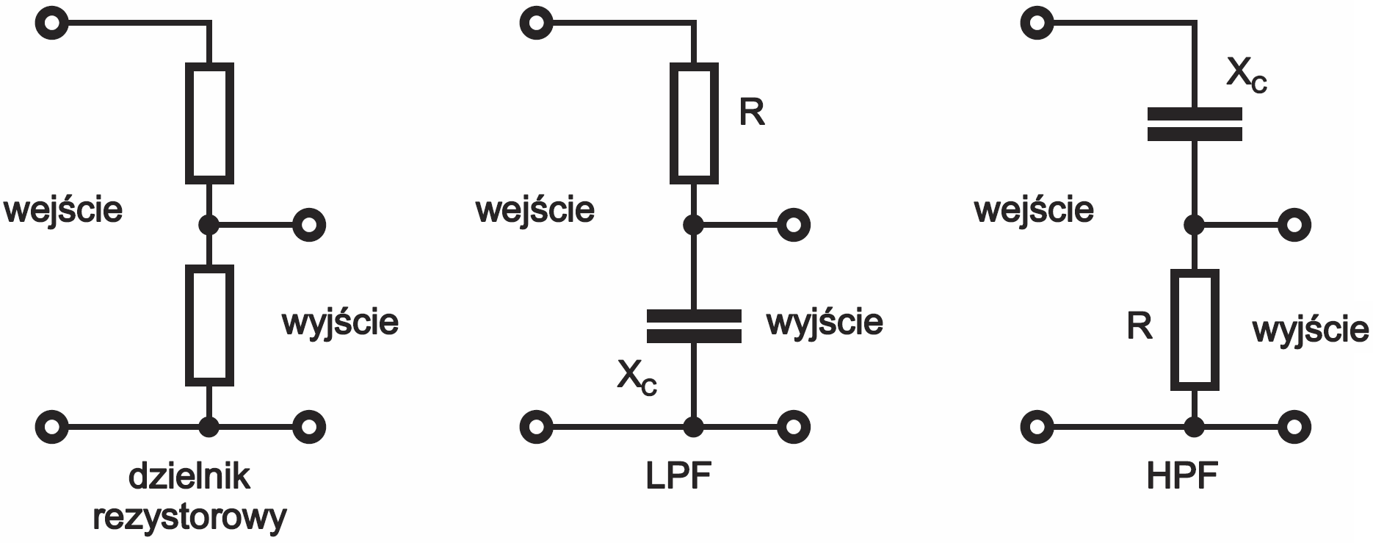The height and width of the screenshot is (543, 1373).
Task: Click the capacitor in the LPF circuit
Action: coord(694,327)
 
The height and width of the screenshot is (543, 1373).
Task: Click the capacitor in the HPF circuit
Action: coord(1195,124)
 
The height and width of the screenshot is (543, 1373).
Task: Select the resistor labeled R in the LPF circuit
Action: coord(694,123)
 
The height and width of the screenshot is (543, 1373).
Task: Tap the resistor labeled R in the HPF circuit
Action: coord(1195,329)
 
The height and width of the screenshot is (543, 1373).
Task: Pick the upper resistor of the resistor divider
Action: coord(209,123)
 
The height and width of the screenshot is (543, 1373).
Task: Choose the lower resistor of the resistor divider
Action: coord(209,326)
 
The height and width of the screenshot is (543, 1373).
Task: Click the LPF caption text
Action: coord(679,477)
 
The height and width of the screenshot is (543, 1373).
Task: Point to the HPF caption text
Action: coord(1182,477)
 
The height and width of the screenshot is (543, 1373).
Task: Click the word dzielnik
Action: coord(189,477)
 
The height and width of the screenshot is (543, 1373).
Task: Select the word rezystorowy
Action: coord(189,518)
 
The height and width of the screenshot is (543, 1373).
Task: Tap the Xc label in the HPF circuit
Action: coord(1247,76)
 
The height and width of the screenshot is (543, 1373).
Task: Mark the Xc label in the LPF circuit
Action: coord(637,378)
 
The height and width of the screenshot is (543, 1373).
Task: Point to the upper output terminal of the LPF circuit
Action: coord(794,224)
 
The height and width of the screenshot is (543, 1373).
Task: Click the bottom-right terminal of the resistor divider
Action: coord(309,426)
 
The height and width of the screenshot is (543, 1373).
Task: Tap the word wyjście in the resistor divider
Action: coord(340,323)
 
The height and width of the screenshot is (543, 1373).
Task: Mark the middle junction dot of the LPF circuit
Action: coord(694,224)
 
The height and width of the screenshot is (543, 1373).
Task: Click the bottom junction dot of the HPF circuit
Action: coord(1195,426)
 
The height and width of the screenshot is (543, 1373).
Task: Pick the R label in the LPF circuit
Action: coord(752,112)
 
